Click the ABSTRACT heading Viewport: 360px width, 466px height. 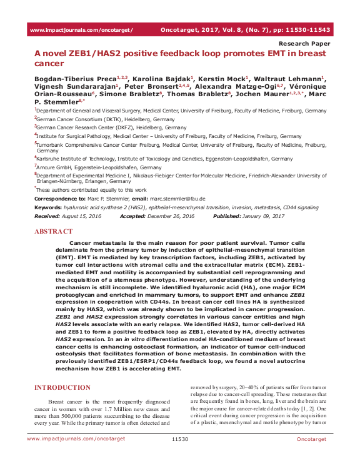53,231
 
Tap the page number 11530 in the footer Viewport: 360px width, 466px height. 179,457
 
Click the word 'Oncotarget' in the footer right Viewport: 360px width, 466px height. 311,457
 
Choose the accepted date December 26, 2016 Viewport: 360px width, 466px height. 172,216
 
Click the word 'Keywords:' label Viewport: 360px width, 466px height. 48,207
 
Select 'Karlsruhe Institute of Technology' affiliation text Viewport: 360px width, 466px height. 82,159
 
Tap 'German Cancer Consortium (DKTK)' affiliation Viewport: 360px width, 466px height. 79,119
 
